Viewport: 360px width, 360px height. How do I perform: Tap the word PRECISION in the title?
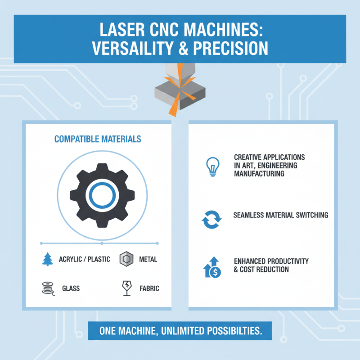[230, 48]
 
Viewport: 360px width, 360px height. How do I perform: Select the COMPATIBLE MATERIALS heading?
[98, 139]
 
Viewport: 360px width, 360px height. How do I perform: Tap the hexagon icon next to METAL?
[125, 259]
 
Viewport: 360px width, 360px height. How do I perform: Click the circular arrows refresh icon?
[211, 218]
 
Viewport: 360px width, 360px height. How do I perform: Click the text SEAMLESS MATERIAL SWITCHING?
[281, 215]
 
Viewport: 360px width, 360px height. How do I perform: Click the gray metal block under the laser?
[179, 92]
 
